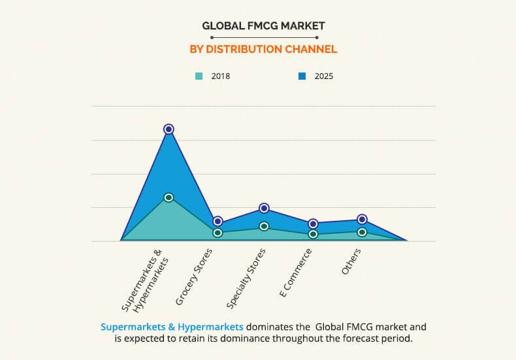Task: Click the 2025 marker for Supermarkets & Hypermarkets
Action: (169, 129)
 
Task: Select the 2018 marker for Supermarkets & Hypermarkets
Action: (169, 197)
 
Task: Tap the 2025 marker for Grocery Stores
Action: (218, 221)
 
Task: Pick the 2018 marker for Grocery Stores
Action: (218, 233)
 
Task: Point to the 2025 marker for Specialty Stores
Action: (264, 208)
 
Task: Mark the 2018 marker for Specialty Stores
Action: (264, 226)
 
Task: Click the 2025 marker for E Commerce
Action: (313, 223)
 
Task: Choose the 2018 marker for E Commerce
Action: (313, 234)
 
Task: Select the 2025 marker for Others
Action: (362, 219)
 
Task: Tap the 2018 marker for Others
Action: (362, 231)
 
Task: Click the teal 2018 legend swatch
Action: (199, 76)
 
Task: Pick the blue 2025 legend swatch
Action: (302, 76)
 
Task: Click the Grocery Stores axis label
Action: (195, 276)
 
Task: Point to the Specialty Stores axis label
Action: (246, 278)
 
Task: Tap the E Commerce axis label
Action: (296, 273)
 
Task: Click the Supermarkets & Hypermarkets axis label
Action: (145, 282)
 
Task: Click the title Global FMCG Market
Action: (263, 26)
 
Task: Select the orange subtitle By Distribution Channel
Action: (263, 49)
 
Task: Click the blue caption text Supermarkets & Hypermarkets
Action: (172, 326)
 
